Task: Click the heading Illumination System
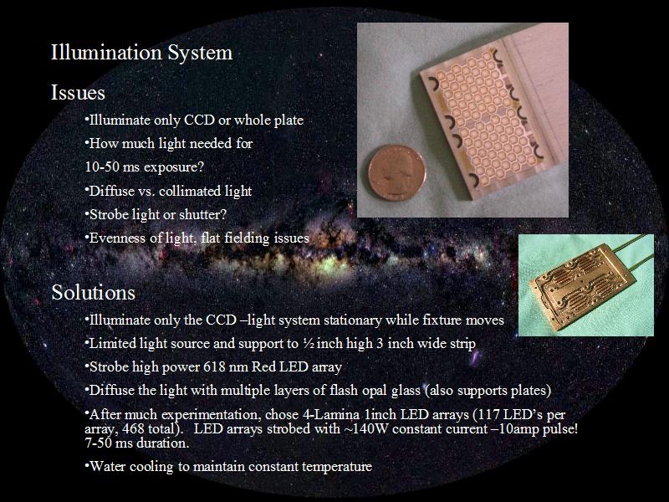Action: [x=141, y=53]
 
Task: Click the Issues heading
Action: [x=78, y=93]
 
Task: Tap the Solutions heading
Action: [x=94, y=292]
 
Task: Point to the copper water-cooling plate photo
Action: [x=586, y=285]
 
